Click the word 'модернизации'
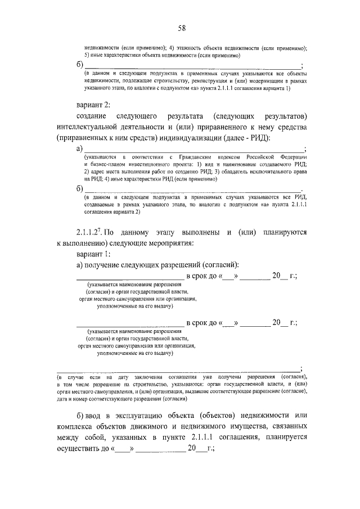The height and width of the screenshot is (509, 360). (x=251, y=81)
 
